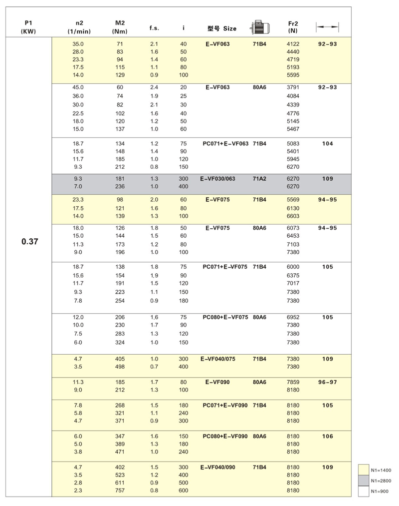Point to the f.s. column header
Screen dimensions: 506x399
coord(154,28)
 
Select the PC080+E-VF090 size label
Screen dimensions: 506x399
coord(225,436)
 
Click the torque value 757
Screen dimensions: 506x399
coord(120,491)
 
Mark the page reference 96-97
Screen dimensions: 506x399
coord(327,382)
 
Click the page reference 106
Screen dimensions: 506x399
coord(327,436)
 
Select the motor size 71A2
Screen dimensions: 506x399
coord(259,178)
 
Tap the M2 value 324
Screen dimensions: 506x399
coord(120,342)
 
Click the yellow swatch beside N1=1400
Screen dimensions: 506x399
coord(363,470)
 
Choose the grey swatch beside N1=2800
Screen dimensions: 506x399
coord(363,481)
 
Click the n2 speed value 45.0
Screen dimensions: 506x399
coord(78,87)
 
